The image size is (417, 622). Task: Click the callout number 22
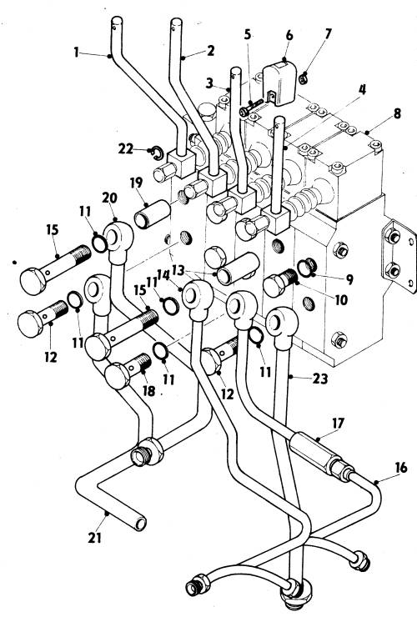[126, 148]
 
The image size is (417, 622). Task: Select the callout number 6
[289, 35]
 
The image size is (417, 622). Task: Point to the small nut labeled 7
[304, 78]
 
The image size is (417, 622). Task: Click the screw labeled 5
[251, 108]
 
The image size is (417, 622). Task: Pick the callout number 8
[397, 114]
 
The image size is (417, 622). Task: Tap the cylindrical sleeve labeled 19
[152, 214]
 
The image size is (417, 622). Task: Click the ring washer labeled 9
[308, 268]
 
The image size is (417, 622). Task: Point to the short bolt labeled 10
[280, 283]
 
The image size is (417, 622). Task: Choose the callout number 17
[337, 424]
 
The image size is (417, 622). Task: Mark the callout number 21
[95, 538]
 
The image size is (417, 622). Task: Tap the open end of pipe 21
[140, 524]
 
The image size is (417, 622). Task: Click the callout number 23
[319, 379]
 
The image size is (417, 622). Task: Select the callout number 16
[400, 468]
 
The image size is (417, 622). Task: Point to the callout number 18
[148, 391]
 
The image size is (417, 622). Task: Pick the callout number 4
[361, 90]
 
